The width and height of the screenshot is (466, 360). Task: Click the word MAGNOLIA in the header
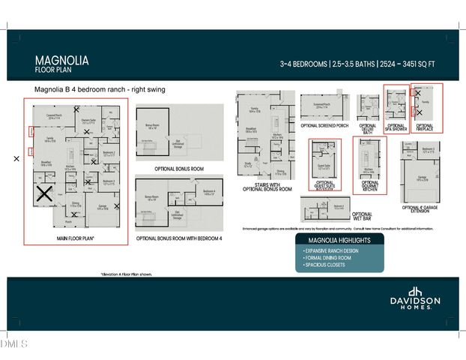[x=62, y=59]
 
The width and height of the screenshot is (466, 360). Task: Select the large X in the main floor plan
[x=44, y=193]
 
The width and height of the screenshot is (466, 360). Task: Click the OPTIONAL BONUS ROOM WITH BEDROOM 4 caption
[x=179, y=238]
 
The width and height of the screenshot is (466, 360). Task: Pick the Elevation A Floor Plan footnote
[x=127, y=274]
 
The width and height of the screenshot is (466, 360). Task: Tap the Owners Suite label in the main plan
[x=88, y=120]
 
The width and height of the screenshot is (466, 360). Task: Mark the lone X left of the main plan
[x=16, y=159]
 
